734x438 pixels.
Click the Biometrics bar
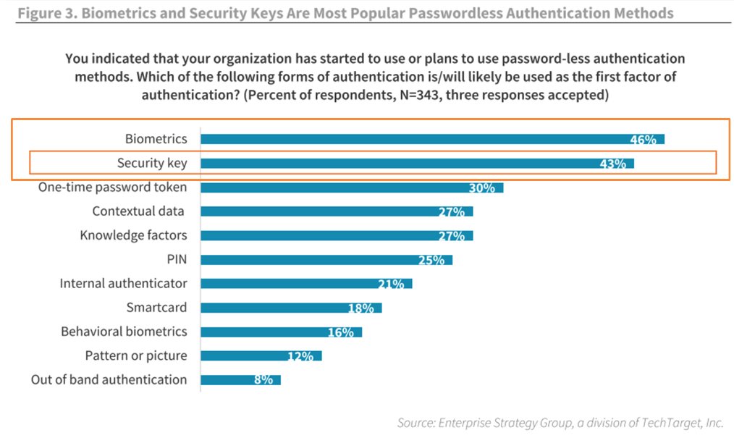[431, 139]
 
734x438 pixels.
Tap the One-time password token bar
[351, 188]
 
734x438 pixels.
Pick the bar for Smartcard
[290, 308]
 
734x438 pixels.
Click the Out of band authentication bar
[240, 379]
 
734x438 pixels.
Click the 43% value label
[612, 164]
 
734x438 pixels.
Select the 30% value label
[481, 188]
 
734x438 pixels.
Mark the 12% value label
[300, 355]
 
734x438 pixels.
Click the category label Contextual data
[138, 211]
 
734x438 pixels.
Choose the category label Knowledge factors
[133, 235]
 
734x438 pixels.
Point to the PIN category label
[177, 259]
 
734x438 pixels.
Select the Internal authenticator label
[123, 283]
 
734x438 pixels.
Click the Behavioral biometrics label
[124, 332]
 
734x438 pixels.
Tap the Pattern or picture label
[135, 355]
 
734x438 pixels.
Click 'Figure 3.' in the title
[44, 13]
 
